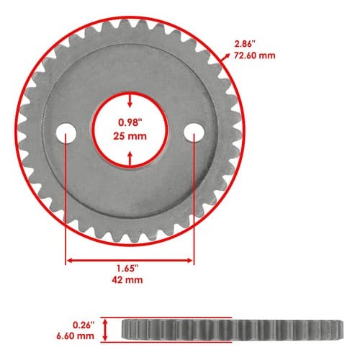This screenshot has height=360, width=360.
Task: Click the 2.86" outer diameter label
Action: [245, 44]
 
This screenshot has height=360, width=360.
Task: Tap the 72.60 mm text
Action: [255, 55]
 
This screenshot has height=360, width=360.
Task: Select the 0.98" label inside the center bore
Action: [129, 122]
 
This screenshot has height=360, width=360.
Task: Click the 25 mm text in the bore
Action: [130, 136]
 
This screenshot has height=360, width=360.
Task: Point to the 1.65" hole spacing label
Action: [127, 269]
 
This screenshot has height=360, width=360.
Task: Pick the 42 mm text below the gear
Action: [127, 280]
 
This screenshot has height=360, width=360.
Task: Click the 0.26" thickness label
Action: [84, 325]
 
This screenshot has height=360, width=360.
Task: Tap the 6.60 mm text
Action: [75, 336]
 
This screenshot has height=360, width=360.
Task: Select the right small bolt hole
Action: [194, 132]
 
